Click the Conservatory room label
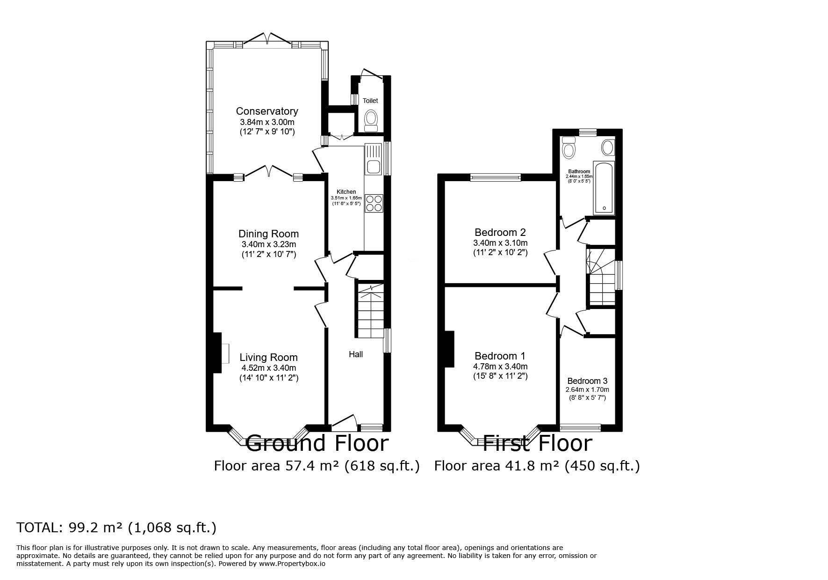[267, 111]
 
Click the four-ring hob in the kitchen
[374, 203]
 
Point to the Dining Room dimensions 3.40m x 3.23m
[269, 244]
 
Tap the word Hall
[356, 354]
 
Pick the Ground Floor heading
[317, 443]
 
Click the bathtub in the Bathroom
[604, 188]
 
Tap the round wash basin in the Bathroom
[608, 147]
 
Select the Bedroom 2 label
[500, 232]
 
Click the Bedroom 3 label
[587, 381]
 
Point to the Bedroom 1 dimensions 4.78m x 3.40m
[500, 367]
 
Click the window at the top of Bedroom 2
[496, 177]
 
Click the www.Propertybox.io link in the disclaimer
[292, 564]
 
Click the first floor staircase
[601, 276]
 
